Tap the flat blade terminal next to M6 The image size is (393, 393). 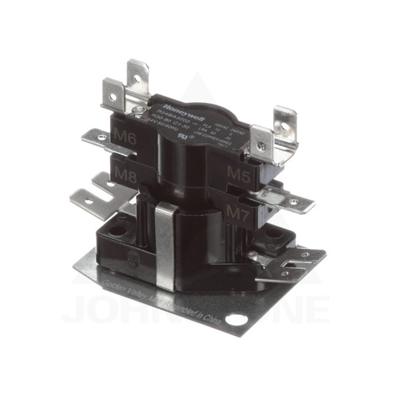click(x=98, y=138)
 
